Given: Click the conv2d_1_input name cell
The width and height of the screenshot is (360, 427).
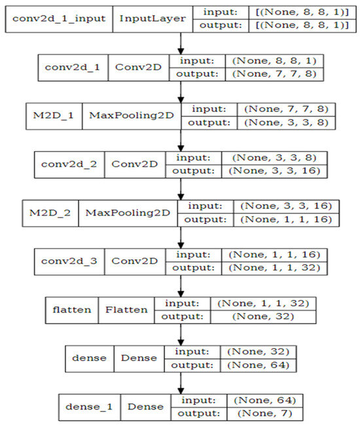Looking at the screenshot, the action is coord(59,19).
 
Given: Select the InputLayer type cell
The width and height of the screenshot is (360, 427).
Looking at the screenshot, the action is coord(153,19).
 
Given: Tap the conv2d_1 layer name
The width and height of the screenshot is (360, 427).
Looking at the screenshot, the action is coord(73,67).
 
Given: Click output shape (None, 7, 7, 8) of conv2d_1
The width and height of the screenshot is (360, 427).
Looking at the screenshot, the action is coord(274,74).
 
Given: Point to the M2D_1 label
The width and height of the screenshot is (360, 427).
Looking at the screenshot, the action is coord(54,116).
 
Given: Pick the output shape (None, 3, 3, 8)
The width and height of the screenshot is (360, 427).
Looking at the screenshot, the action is coord(286,122).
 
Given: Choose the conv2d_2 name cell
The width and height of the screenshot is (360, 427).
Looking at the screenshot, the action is coord(69,164).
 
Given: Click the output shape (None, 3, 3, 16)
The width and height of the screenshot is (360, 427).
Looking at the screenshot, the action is coord(274,171).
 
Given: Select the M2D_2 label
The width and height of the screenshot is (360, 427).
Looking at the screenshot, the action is coord(50,213).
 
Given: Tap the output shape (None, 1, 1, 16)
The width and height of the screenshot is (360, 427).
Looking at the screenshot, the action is coord(286,219).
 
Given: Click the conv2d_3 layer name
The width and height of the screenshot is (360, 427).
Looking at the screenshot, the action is coord(69,261).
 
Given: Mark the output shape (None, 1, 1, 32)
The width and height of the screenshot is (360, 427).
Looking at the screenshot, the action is coord(274,268).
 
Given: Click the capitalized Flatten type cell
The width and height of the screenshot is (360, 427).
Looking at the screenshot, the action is coord(126,310).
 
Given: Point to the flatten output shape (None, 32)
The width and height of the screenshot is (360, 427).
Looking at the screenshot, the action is coord(263,316).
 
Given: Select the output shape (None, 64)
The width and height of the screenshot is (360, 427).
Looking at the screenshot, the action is coord(258,365).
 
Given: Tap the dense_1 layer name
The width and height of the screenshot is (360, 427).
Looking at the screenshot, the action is coord(89,407).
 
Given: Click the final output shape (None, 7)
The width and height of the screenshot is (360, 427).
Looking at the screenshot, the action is coord(264,414).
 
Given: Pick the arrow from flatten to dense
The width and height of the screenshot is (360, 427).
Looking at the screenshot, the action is coord(181,335).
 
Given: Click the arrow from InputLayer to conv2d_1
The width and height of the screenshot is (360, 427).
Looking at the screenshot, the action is coord(181,44).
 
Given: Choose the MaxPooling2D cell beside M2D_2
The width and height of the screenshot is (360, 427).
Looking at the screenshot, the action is coord(128,213).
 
